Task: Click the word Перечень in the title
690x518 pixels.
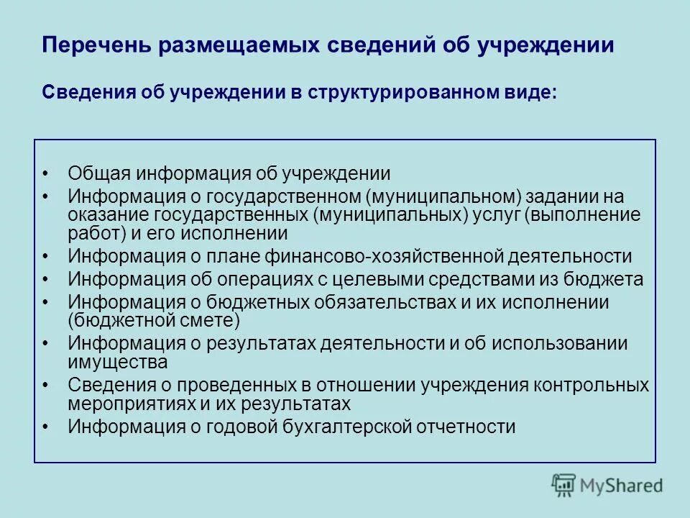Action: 96,45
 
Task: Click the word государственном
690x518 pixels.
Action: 283,196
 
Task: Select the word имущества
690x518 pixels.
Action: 118,361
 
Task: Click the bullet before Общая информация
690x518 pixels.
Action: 45,173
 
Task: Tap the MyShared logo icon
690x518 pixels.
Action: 564,485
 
